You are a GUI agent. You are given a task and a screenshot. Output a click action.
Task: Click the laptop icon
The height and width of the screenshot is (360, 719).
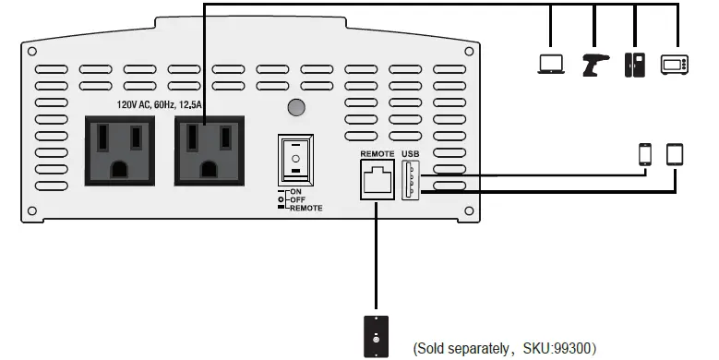tap(551, 64)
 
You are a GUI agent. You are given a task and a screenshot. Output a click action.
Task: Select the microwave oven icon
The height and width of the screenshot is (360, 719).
tap(675, 64)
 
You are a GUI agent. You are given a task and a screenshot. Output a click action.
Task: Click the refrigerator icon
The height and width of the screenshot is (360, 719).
tap(635, 64)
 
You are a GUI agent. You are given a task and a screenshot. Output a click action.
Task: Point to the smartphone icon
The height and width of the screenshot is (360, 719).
tap(645, 154)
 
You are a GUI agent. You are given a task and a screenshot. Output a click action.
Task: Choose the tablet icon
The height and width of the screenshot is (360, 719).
tap(676, 154)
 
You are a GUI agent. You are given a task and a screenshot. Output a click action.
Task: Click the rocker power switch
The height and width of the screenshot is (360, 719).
tap(295, 160)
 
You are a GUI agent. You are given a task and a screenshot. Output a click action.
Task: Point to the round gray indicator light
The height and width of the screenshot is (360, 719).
tap(295, 107)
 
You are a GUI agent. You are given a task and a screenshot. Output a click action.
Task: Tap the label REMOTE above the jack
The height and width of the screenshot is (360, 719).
tap(377, 152)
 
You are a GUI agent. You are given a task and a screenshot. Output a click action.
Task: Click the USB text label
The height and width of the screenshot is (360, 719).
tap(411, 152)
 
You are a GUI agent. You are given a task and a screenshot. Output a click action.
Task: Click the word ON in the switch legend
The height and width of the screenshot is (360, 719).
tap(295, 191)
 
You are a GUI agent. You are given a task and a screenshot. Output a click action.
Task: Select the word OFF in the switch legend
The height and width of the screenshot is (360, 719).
tap(297, 199)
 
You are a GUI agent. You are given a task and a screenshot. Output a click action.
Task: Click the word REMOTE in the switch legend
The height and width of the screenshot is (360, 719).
tap(306, 209)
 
